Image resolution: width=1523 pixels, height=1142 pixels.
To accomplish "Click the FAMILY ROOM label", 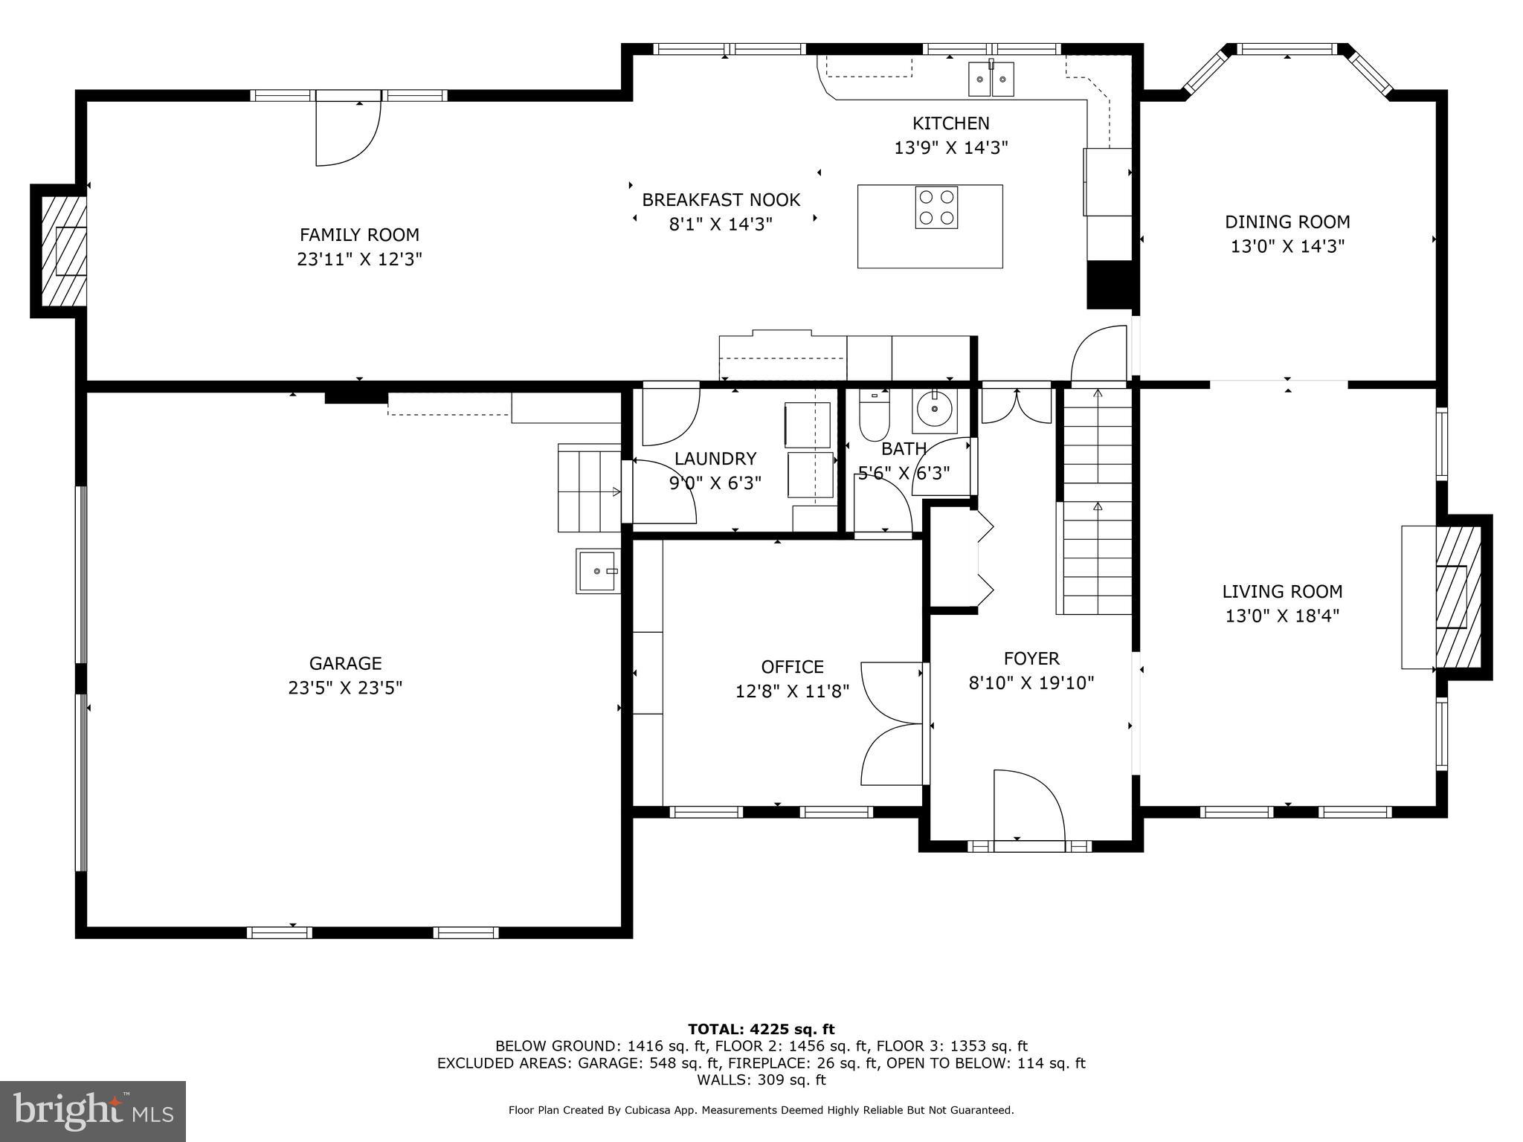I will pos(359,235).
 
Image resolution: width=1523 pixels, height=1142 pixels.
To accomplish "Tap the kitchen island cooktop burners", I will pos(936,207).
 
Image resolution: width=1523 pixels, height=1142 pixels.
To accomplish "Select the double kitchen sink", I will pos(991,79).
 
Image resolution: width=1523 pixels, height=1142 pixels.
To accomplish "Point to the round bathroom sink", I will pos(934,409).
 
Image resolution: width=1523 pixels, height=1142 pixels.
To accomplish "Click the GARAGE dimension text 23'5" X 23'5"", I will pos(345,688).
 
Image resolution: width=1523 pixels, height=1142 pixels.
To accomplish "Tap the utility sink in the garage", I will pos(597,571).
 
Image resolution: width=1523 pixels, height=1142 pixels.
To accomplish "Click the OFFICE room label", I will pos(792,667).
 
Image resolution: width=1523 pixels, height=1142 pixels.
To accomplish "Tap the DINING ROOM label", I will pos(1287,222).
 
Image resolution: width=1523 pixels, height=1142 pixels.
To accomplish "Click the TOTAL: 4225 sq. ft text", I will pos(761,1029).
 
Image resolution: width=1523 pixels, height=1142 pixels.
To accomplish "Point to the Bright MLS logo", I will pos(92,1111).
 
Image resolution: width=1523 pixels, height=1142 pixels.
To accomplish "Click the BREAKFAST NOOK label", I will pos(721,200).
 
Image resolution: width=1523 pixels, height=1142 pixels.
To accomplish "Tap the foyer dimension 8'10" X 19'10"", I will pos(1031,683).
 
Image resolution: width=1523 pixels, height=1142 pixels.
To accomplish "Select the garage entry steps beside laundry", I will pos(589,488).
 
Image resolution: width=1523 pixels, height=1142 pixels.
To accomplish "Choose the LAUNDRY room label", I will pos(715,459).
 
